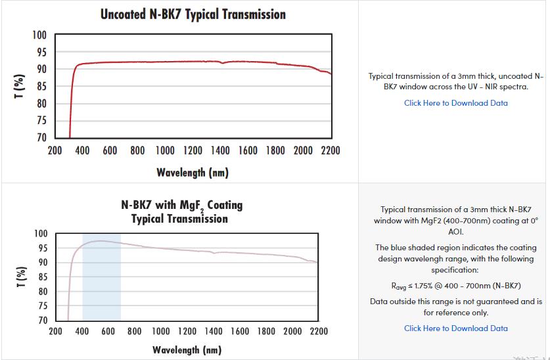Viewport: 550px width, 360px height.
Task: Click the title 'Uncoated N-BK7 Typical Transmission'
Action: tap(193, 14)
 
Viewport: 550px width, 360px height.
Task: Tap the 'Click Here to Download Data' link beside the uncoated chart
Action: tap(455, 102)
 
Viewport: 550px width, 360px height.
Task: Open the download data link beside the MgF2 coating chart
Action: tap(455, 328)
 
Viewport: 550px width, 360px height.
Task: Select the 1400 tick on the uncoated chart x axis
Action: tap(220, 151)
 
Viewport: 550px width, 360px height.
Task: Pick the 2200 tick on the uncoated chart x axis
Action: tap(330, 151)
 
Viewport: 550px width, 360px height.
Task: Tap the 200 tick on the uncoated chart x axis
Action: tap(55, 151)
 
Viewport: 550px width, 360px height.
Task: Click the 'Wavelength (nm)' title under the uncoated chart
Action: tap(193, 173)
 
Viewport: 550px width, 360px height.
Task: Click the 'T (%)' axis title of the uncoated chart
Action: tap(21, 87)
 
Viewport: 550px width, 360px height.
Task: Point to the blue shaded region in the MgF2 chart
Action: tap(101, 276)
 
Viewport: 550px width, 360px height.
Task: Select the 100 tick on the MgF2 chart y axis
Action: tap(41, 234)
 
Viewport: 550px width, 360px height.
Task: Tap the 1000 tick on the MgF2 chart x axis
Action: tap(161, 332)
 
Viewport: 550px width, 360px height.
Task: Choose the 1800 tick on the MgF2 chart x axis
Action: tap(266, 332)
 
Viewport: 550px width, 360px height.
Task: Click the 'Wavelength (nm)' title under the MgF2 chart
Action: tap(187, 350)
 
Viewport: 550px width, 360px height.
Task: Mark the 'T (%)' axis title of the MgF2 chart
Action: tap(21, 277)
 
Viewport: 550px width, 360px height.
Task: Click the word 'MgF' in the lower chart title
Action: tap(195, 206)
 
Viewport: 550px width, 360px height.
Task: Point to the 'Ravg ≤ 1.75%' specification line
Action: tap(455, 286)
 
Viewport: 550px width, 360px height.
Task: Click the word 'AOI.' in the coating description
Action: tap(456, 231)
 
